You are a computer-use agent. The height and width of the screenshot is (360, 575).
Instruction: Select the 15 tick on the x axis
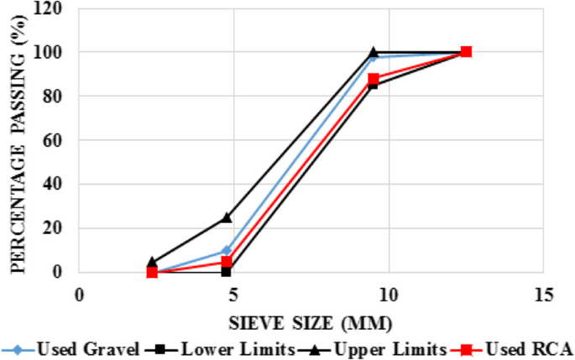coord(543,295)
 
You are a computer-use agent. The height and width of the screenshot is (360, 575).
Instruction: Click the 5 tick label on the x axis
coord(233,295)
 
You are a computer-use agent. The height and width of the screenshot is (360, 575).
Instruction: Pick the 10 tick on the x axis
coord(389,295)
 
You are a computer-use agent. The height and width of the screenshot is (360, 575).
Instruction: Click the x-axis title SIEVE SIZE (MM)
coord(311,321)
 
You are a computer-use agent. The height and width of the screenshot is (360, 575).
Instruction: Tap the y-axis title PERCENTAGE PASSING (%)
coord(16,141)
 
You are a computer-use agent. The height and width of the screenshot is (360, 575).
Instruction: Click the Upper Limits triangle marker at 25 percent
coord(227,217)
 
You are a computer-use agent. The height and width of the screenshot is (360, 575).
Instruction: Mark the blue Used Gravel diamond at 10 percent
coord(227,250)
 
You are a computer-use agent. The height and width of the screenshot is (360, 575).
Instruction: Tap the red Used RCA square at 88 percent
coord(374,79)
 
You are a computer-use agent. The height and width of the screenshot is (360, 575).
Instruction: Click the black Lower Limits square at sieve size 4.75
coord(227,271)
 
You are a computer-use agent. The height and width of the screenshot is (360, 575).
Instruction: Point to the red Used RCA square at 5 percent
coord(227,261)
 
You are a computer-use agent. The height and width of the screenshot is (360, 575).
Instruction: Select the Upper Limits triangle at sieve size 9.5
coord(374,52)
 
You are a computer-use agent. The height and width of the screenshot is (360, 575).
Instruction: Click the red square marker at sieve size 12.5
coord(467,52)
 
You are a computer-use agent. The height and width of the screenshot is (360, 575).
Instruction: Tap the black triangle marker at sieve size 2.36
coord(152,261)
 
